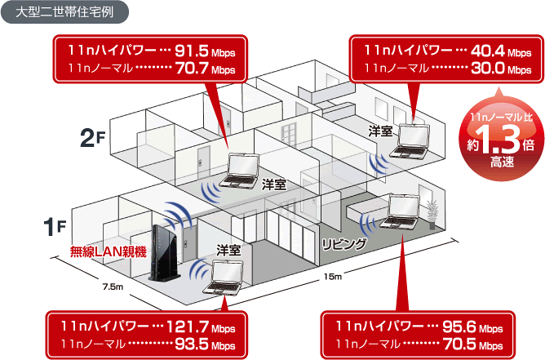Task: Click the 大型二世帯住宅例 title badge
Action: tap(64, 12)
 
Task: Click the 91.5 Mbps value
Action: tap(205, 51)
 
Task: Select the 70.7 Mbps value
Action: tap(205, 69)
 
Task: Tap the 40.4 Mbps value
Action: tap(501, 51)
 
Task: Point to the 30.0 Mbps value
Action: tap(501, 69)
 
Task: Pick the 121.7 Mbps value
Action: tap(201, 327)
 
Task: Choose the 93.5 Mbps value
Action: tap(205, 344)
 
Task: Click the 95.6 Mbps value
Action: tap(472, 327)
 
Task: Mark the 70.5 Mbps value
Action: tap(472, 344)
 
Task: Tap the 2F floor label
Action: tap(92, 138)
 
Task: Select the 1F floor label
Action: tap(55, 227)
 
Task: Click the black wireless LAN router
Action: tap(164, 252)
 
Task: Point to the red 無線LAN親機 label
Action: tap(108, 251)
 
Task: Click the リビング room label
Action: tap(344, 244)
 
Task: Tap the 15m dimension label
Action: tap(333, 277)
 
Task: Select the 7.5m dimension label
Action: tap(113, 287)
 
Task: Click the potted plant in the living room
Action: tap(432, 215)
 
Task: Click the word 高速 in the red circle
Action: tap(502, 162)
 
